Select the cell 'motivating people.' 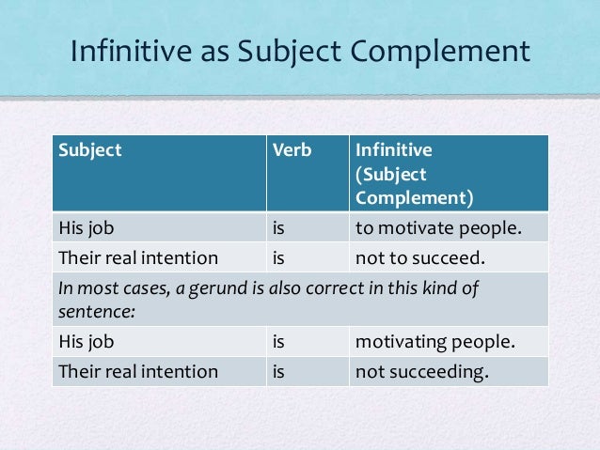[x=434, y=343]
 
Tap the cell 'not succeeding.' [x=422, y=371]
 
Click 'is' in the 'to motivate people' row [x=278, y=225]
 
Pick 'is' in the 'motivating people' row [x=278, y=343]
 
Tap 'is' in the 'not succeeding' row [x=278, y=371]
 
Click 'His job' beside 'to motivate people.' [x=86, y=225]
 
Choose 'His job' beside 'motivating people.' [x=86, y=343]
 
